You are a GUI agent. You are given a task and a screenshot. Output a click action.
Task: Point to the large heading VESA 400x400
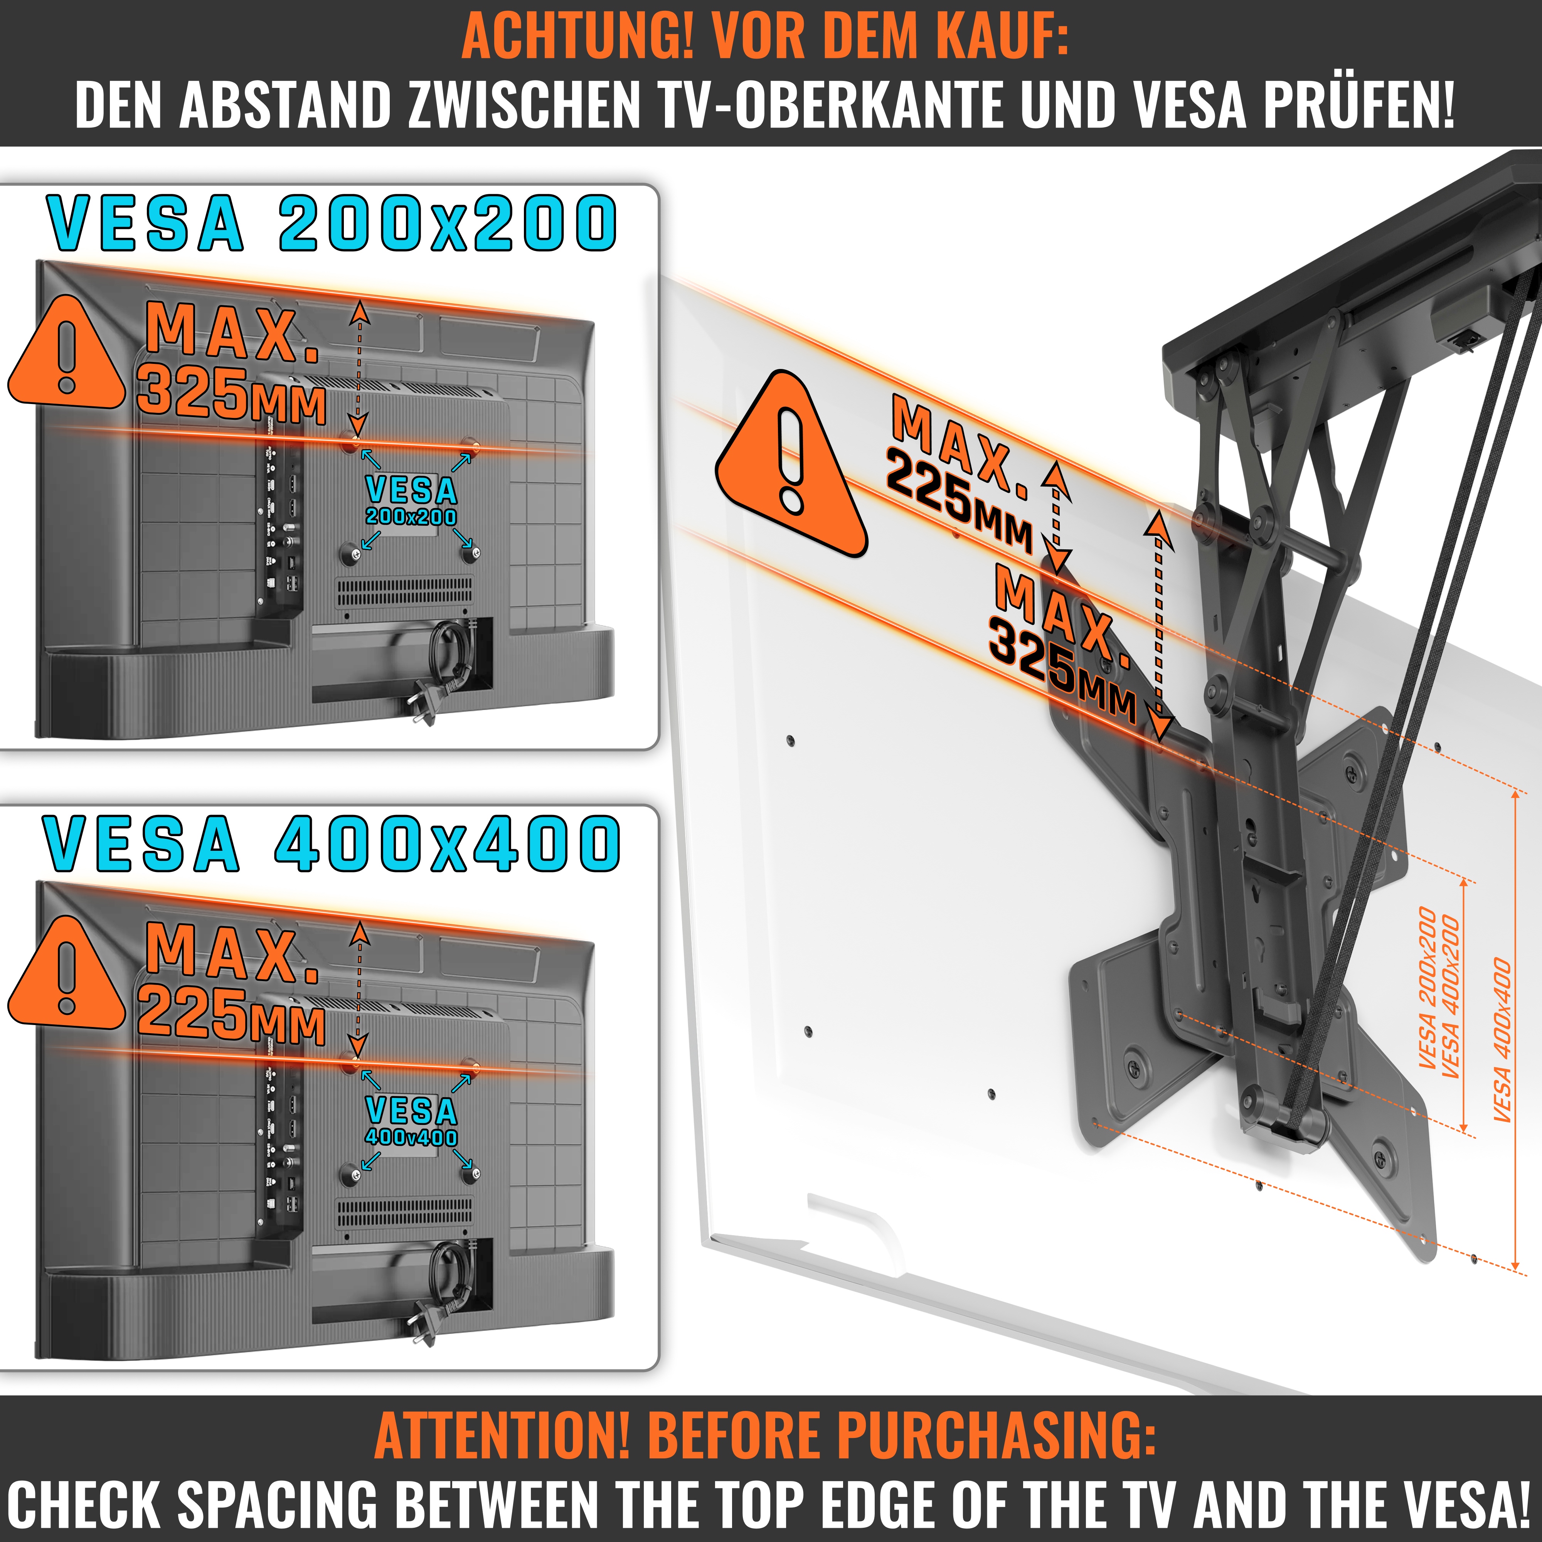(331, 843)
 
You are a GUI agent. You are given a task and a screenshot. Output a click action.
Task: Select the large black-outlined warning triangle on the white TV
(790, 463)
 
